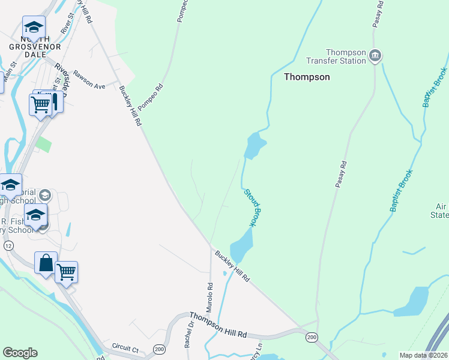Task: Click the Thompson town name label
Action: click(307, 77)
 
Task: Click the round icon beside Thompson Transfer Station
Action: click(376, 56)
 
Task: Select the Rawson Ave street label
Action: click(89, 80)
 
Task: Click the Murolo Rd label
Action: click(209, 298)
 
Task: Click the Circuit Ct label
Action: click(125, 347)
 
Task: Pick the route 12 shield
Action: click(8, 245)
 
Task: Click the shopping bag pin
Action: click(46, 263)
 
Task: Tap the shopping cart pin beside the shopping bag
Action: click(66, 272)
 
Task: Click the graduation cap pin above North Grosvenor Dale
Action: click(34, 27)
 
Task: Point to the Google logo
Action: click(20, 353)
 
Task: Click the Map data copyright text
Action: click(423, 355)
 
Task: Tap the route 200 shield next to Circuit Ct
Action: click(159, 349)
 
